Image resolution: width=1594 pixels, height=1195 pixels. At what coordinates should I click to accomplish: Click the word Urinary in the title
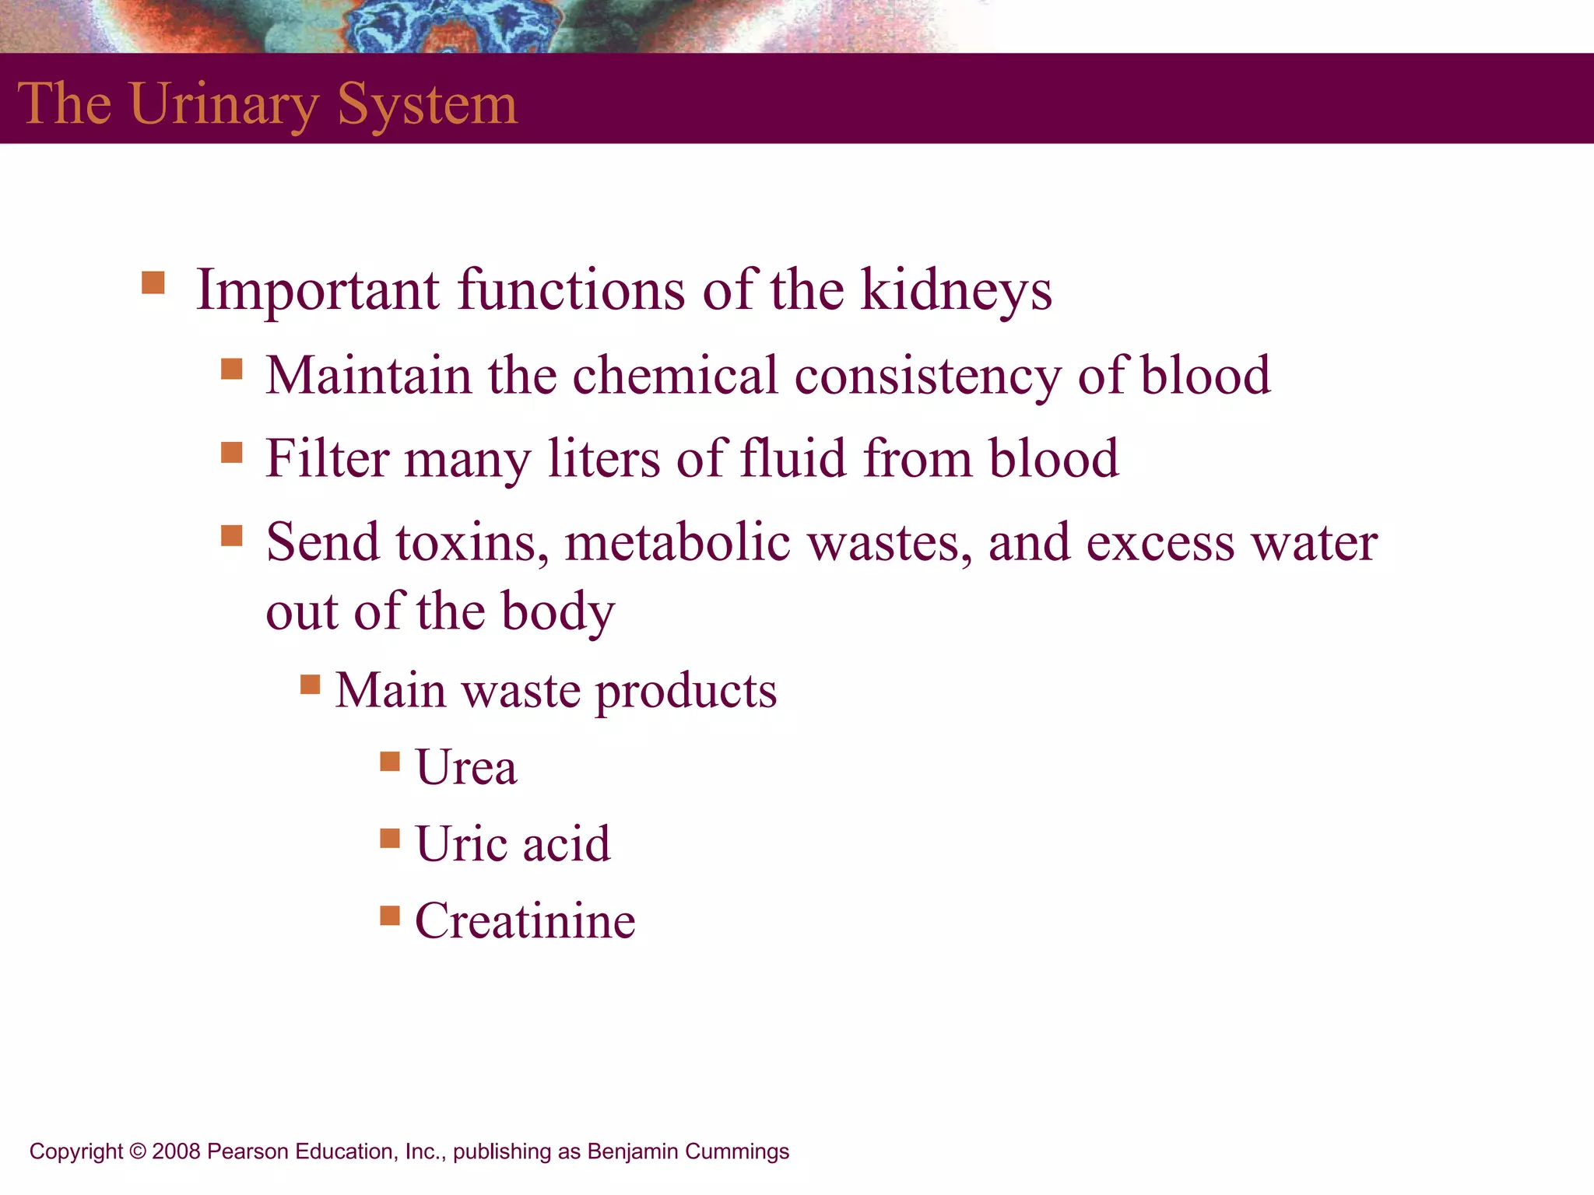225,105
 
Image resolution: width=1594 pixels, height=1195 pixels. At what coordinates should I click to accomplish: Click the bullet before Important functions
153,282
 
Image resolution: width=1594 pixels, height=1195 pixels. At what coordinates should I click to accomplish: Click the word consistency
927,377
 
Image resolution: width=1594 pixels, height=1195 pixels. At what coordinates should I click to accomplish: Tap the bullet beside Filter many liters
231,452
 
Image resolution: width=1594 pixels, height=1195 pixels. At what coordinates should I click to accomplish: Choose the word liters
603,458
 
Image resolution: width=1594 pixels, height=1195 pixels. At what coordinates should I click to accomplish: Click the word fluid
792,458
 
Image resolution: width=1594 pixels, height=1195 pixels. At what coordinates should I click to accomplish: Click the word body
557,612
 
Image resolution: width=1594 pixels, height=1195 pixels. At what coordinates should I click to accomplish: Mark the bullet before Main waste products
310,685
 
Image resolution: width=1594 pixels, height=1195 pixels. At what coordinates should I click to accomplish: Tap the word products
686,692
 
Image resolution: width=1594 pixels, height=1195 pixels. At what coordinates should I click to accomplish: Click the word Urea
465,768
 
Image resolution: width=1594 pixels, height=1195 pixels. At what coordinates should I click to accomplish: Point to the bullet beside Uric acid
389,838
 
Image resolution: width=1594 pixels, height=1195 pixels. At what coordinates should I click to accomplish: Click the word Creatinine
525,921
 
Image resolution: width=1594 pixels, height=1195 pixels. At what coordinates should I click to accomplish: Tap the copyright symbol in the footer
138,1151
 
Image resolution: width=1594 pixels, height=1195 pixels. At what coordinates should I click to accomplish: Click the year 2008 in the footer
177,1151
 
